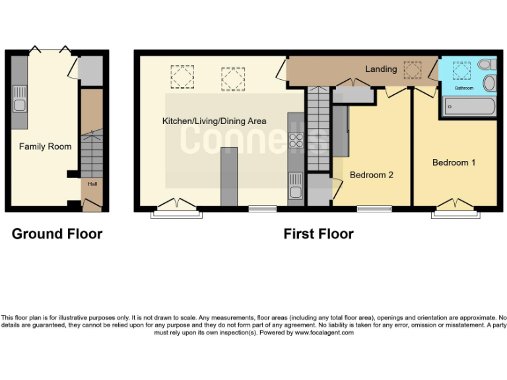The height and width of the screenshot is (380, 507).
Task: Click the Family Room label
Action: coord(45,146)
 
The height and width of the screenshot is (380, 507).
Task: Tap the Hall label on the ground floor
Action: coord(92,184)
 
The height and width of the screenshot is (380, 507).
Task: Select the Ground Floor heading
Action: coord(57,234)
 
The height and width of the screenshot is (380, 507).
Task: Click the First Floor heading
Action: coord(318,234)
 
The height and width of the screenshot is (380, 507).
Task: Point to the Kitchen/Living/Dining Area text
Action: coord(215,121)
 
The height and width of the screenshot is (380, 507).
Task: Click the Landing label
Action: coord(381,69)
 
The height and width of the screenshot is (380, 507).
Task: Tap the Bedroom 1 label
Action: coord(454,162)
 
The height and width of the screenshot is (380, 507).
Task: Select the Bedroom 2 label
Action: coord(371,175)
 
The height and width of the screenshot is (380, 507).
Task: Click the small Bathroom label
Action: coord(463,88)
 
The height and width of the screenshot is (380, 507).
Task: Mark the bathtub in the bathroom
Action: coord(469,106)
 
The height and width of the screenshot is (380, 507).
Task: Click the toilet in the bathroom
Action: coord(487,65)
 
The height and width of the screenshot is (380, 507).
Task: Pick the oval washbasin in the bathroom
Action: coord(490,83)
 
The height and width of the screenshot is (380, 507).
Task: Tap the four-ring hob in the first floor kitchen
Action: coord(296,141)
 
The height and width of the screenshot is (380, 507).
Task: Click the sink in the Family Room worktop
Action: coord(18,105)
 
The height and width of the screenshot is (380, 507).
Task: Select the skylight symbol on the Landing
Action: coord(413,68)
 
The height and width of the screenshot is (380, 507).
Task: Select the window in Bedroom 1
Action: coord(455,214)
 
